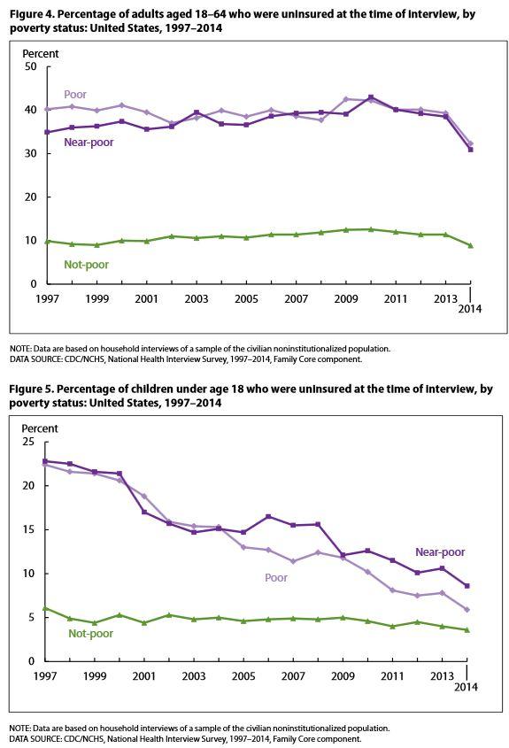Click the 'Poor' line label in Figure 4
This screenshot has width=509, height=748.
click(75, 95)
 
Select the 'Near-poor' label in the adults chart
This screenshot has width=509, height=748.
click(89, 143)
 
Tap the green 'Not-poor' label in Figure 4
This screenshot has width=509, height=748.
click(87, 265)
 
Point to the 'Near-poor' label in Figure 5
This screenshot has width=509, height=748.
click(440, 552)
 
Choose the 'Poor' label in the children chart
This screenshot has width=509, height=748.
click(276, 578)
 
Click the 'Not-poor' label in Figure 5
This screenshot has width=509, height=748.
click(90, 634)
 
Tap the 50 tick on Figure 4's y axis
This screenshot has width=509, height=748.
click(30, 66)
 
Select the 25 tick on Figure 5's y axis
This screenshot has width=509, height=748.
click(28, 442)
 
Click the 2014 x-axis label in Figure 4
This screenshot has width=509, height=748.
click(470, 309)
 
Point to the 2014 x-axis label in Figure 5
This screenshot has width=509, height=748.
click(466, 687)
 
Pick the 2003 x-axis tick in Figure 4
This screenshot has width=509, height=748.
click(196, 299)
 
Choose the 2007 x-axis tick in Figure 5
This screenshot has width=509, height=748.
click(293, 676)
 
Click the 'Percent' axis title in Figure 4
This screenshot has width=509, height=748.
click(41, 54)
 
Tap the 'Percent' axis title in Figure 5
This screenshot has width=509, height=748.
click(40, 428)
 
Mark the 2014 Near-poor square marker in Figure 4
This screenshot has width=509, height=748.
click(470, 150)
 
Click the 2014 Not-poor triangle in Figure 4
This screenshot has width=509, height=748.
click(470, 245)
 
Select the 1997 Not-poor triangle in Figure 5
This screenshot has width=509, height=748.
click(45, 608)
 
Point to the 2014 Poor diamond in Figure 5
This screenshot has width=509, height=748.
click(467, 610)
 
